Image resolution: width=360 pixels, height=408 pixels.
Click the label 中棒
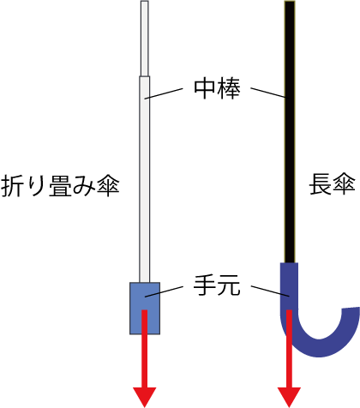217,88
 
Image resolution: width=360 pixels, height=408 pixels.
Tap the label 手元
217,285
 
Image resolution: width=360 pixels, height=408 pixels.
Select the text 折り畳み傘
60,186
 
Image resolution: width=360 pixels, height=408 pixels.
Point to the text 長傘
333,184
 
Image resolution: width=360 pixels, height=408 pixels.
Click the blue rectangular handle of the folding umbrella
145,309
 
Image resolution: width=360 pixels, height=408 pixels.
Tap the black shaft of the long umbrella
290,131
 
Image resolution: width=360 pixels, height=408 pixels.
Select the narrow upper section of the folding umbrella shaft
145,39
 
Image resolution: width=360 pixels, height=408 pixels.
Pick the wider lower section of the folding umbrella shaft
145,179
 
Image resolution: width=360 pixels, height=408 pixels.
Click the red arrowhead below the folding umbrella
145,397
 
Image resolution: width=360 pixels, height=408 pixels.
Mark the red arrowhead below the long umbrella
290,397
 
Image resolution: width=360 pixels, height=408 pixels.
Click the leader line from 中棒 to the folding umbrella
164,93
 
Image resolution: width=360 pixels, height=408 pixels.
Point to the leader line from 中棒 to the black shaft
268,93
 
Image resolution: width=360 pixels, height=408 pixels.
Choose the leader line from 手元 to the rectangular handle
164,291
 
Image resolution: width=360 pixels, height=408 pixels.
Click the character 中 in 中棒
205,88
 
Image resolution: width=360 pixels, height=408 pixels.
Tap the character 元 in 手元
229,285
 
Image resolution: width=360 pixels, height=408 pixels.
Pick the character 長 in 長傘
321,184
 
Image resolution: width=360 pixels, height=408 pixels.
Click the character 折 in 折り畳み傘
12,186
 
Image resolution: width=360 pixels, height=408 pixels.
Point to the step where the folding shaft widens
145,76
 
